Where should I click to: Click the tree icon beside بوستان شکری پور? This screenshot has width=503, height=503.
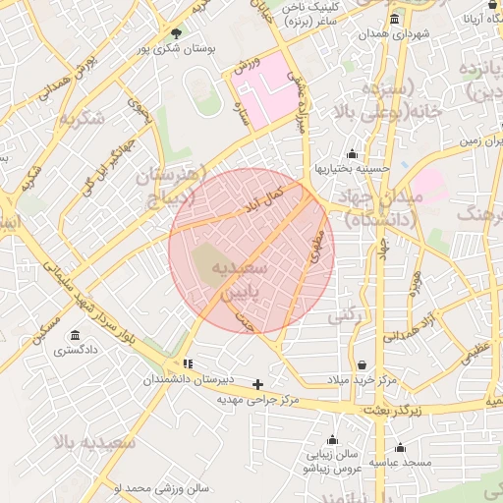pyautogui.click(x=176, y=31)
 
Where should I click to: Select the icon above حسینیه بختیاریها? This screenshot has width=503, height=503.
pyautogui.click(x=352, y=153)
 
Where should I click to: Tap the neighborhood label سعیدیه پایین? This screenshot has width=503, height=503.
pyautogui.click(x=251, y=280)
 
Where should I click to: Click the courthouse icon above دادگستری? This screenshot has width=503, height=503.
pyautogui.click(x=77, y=335)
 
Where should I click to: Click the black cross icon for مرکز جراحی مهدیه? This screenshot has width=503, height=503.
pyautogui.click(x=258, y=384)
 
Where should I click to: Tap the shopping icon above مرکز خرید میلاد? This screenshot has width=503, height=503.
pyautogui.click(x=362, y=365)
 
